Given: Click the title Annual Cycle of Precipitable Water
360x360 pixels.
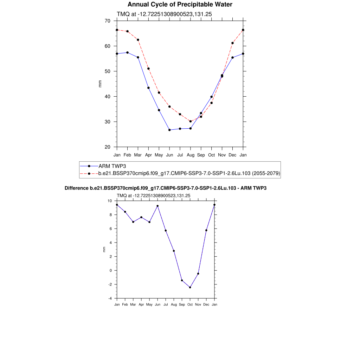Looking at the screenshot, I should (x=180, y=5).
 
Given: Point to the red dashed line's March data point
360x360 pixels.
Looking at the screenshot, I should (x=138, y=40).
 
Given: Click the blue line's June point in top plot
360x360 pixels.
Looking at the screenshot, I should (x=169, y=130).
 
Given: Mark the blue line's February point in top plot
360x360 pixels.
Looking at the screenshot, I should (x=127, y=52).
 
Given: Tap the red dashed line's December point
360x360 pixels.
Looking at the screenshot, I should (x=232, y=43).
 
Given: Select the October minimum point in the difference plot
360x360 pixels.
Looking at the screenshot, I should (x=190, y=287).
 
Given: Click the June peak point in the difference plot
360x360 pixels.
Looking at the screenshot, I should (x=157, y=206).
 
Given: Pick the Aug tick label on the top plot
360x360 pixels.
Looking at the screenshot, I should (x=190, y=155).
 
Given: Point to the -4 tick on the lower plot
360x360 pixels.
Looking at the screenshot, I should (x=109, y=298).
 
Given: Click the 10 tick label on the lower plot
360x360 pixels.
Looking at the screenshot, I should (x=109, y=201).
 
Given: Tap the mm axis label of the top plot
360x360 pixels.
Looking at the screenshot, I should (x=100, y=84).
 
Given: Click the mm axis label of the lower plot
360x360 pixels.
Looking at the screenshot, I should (x=104, y=249).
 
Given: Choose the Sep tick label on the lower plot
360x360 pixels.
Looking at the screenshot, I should (x=182, y=304).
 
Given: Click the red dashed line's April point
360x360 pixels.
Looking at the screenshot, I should (x=148, y=69).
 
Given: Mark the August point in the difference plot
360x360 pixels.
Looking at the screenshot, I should (x=174, y=251).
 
